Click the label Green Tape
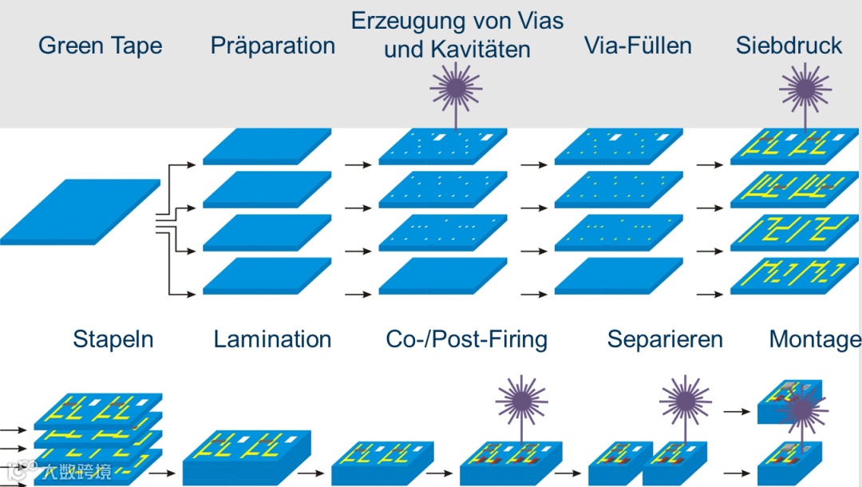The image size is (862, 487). [100, 46]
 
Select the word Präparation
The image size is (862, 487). [272, 46]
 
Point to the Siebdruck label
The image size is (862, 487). [789, 46]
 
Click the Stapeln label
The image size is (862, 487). [113, 339]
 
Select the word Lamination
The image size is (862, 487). [272, 339]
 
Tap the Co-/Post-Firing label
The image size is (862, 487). [467, 339]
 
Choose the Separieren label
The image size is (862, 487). [665, 339]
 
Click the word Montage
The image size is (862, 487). [814, 339]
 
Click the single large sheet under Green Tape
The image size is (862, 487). [80, 210]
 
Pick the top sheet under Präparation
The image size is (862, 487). [267, 146]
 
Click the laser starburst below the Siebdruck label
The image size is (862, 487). [805, 86]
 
